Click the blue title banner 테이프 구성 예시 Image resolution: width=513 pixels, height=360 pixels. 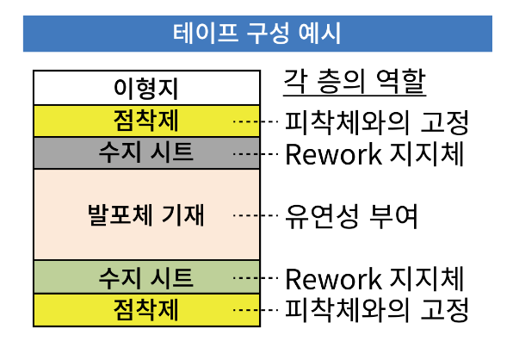(257, 34)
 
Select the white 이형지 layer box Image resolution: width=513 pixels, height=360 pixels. (147, 88)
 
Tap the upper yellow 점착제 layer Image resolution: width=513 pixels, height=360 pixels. (147, 121)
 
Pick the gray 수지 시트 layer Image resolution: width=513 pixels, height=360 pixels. (147, 152)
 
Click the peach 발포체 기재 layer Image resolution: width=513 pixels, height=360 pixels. (147, 214)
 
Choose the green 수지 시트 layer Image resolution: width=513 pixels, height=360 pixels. (147, 277)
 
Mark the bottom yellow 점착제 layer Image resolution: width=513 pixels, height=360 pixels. (147, 310)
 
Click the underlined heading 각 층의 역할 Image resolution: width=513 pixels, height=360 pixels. (355, 82)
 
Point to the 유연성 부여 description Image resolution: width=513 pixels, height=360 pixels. (351, 215)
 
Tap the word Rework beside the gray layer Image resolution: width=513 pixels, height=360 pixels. (333, 154)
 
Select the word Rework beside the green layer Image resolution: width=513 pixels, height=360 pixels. (333, 279)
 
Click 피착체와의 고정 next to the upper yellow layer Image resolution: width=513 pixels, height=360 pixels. (377, 122)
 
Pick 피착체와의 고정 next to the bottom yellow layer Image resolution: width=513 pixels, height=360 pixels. (377, 309)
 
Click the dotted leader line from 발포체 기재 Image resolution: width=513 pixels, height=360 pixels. (256, 215)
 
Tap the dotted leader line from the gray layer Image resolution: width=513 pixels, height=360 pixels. (256, 154)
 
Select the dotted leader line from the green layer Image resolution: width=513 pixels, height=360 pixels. (256, 278)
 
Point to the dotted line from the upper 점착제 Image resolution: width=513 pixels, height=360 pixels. (256, 121)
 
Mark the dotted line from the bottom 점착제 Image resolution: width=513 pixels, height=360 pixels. (256, 309)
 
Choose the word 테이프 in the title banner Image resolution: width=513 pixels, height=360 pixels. (205, 33)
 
